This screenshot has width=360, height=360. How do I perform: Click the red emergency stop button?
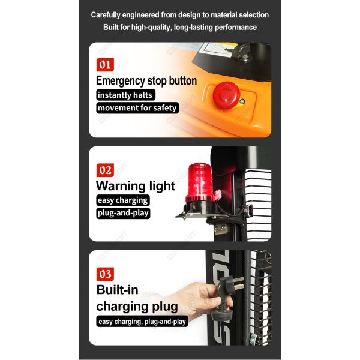226,95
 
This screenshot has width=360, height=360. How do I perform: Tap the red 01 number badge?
105,65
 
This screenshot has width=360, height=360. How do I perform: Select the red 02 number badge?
105,170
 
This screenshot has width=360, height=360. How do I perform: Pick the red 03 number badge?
105,274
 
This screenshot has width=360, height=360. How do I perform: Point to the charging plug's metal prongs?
238,283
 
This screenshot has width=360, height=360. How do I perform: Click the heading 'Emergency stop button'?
146,81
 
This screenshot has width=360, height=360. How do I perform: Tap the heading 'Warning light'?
136,186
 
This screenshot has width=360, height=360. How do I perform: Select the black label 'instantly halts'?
125,95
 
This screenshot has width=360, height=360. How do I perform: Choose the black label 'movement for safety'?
137,107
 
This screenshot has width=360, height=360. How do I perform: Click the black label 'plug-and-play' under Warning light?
123,213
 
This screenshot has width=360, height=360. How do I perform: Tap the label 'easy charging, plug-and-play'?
142,322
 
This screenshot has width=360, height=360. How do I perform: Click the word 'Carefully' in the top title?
106,15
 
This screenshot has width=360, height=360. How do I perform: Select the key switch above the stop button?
244,52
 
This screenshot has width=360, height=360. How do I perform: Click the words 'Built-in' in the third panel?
118,290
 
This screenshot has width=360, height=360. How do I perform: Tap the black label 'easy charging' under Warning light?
123,200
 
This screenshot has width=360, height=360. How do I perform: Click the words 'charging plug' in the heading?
137,307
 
